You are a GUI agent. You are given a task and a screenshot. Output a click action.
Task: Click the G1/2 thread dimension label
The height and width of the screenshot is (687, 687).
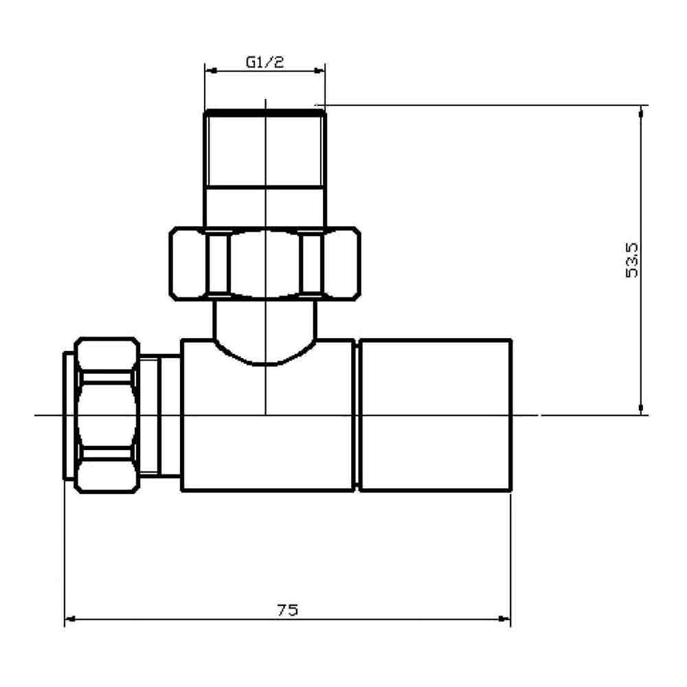(x=264, y=62)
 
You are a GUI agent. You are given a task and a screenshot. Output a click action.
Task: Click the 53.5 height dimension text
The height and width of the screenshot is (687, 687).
(x=633, y=260)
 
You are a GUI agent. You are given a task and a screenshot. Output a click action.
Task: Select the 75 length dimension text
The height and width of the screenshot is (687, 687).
(x=288, y=610)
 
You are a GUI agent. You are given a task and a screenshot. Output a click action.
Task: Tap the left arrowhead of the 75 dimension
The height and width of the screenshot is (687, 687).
(x=69, y=620)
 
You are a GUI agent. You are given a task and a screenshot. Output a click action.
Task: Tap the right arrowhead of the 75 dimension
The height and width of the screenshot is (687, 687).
(x=506, y=620)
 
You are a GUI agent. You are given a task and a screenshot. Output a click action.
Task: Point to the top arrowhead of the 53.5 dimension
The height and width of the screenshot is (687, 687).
(x=642, y=111)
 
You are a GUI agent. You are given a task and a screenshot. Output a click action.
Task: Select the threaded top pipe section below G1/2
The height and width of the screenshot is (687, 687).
(x=264, y=151)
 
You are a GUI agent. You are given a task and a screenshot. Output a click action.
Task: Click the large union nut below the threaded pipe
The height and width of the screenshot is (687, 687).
(x=264, y=264)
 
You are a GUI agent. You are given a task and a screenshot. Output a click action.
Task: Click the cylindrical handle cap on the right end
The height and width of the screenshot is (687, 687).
(x=436, y=415)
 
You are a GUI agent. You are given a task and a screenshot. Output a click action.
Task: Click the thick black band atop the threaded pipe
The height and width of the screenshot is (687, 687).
(x=264, y=112)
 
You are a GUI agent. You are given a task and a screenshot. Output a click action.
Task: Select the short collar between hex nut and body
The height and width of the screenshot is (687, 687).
(x=161, y=415)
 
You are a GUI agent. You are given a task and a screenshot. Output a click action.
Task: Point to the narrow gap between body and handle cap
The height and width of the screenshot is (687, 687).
(x=357, y=415)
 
